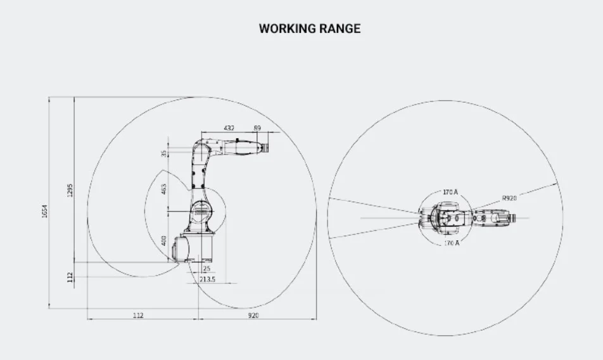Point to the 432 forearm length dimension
(x=229, y=128)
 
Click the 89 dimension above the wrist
(x=257, y=128)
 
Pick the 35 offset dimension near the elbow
(x=164, y=153)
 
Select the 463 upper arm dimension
(x=164, y=189)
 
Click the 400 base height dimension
(x=164, y=241)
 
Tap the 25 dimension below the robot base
(x=206, y=269)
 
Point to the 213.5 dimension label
(x=207, y=279)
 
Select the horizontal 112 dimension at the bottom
(x=138, y=314)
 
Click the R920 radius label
(x=509, y=198)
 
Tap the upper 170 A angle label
(x=451, y=191)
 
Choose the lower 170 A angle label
(x=451, y=243)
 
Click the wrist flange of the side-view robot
(x=265, y=148)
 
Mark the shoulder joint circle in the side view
(x=200, y=210)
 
